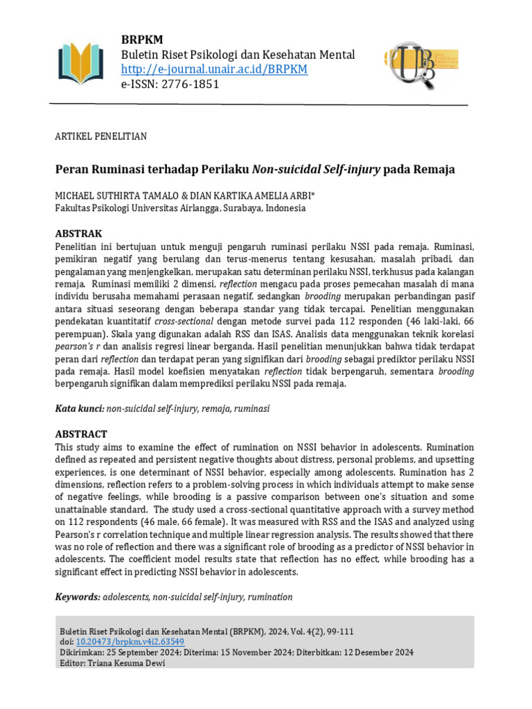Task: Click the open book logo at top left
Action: point(81,63)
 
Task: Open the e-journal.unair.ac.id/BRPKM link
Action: point(214,69)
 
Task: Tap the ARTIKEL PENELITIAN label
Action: point(100,136)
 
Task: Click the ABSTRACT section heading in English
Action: point(81,434)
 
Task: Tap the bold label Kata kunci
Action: point(79,409)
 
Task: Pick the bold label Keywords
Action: point(78,597)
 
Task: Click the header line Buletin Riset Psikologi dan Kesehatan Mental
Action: point(238,55)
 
